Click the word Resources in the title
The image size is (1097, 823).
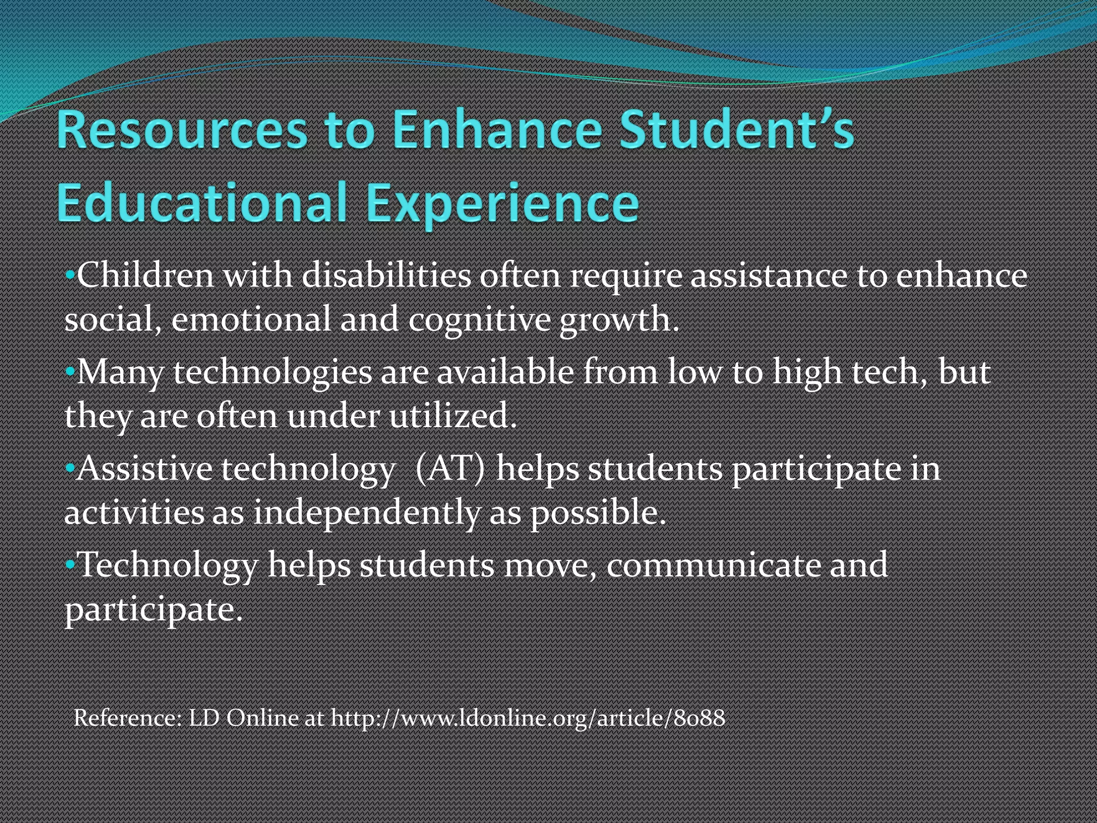(x=182, y=130)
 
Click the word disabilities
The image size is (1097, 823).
(x=386, y=276)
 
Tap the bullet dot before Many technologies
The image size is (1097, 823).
(x=70, y=371)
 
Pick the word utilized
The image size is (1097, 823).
(x=453, y=415)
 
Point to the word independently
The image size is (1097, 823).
(x=367, y=512)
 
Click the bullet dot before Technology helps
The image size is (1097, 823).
(x=70, y=565)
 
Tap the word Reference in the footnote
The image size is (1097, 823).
(x=127, y=717)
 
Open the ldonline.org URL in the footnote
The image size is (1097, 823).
(x=528, y=717)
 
